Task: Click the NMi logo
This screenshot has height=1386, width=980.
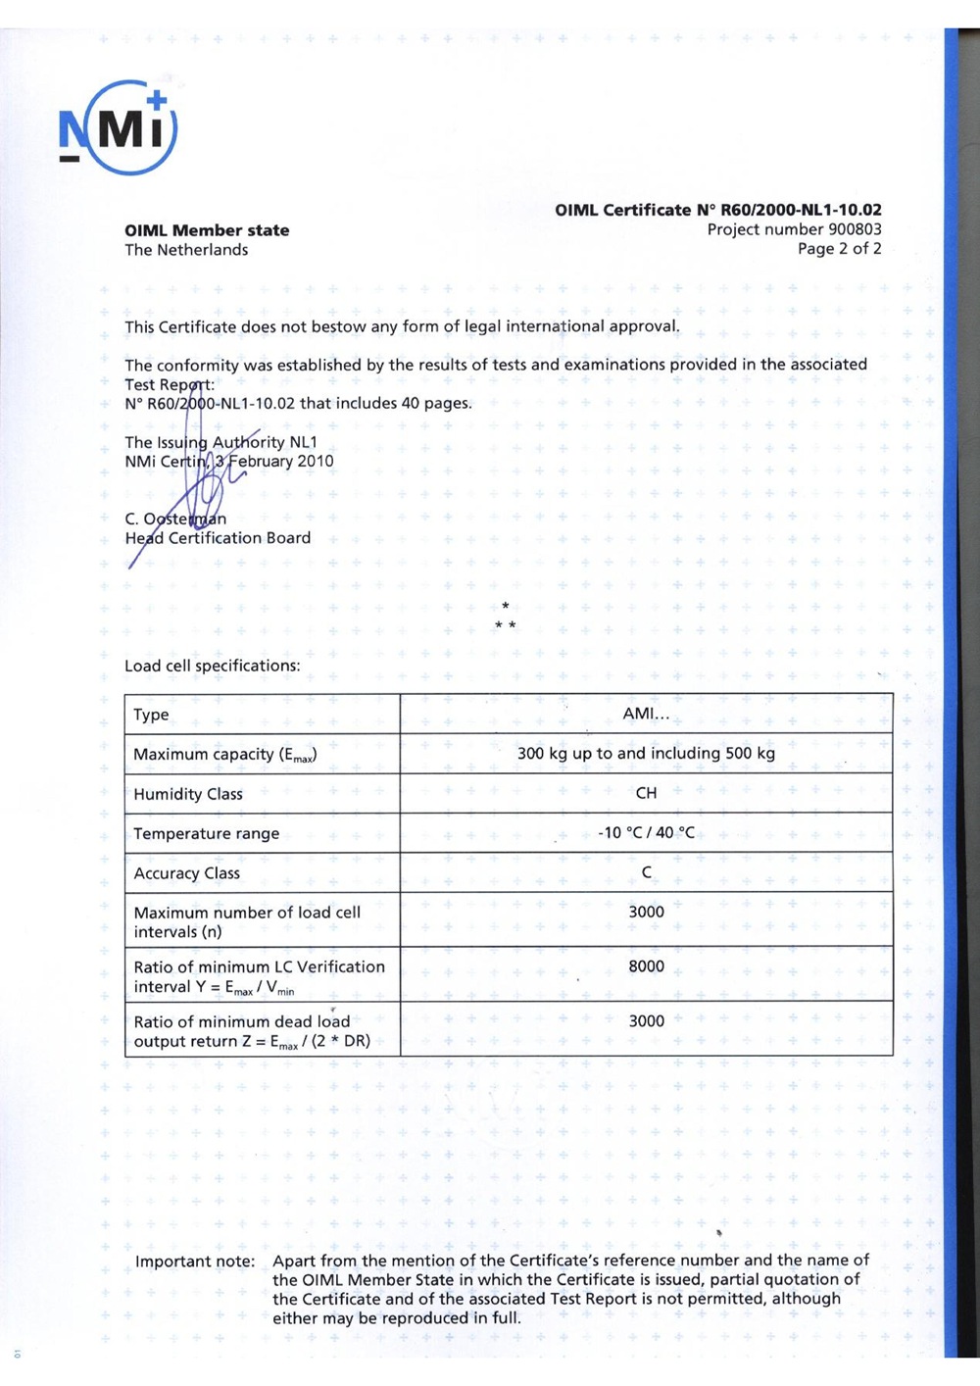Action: tap(119, 128)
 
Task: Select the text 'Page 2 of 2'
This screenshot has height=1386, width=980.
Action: tap(839, 249)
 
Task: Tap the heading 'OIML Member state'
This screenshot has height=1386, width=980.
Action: tap(207, 230)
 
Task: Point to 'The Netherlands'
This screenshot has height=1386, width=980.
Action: tap(186, 250)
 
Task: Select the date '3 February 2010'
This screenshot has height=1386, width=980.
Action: tap(274, 461)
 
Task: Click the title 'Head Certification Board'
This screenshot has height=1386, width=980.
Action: tap(218, 538)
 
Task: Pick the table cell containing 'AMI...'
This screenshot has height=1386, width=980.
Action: tap(646, 714)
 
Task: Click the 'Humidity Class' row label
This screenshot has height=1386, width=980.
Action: tap(188, 794)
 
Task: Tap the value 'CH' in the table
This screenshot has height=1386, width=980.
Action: tap(646, 793)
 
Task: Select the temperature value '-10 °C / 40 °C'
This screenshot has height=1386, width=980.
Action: tap(646, 832)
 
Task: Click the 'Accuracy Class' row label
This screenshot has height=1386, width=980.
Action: tap(187, 873)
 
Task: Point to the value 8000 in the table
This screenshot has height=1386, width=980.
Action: tap(646, 966)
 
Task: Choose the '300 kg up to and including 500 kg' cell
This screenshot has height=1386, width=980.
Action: tap(646, 753)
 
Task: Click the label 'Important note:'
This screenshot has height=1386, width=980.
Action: tap(195, 1262)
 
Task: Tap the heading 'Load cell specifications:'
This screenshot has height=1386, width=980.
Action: tap(213, 666)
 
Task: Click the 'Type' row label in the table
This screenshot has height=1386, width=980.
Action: tap(152, 715)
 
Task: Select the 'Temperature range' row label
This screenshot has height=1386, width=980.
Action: tap(207, 834)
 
